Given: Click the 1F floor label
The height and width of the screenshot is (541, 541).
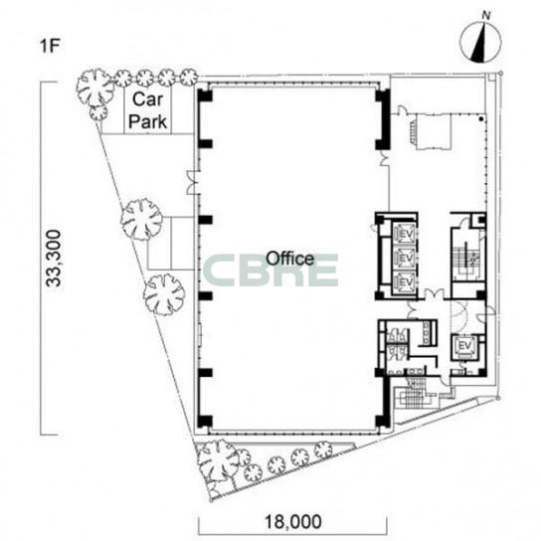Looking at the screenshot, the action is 51,46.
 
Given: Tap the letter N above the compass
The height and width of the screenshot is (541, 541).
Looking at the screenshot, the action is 486,16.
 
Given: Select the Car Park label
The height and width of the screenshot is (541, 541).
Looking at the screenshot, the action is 147,110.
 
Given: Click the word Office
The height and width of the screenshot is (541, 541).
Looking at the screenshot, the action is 290,259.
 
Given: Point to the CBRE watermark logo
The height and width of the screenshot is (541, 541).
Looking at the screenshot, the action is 270,270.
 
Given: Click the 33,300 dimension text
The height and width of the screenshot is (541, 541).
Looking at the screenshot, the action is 54,259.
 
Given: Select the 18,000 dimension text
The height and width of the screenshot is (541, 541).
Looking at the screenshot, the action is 293,521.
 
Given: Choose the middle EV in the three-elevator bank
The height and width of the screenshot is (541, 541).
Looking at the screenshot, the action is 405,258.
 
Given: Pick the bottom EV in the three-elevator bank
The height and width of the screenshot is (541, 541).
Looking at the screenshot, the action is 405,281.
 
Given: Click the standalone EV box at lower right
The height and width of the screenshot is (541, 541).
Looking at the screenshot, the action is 464,345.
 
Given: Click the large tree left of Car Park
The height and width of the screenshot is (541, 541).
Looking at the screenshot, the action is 94,88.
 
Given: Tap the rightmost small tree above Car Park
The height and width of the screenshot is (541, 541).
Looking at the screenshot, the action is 189,77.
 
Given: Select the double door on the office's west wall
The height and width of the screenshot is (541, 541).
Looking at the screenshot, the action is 193,182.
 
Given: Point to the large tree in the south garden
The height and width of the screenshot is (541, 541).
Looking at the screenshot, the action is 218,460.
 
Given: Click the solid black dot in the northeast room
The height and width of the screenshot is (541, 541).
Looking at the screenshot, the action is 480,119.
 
